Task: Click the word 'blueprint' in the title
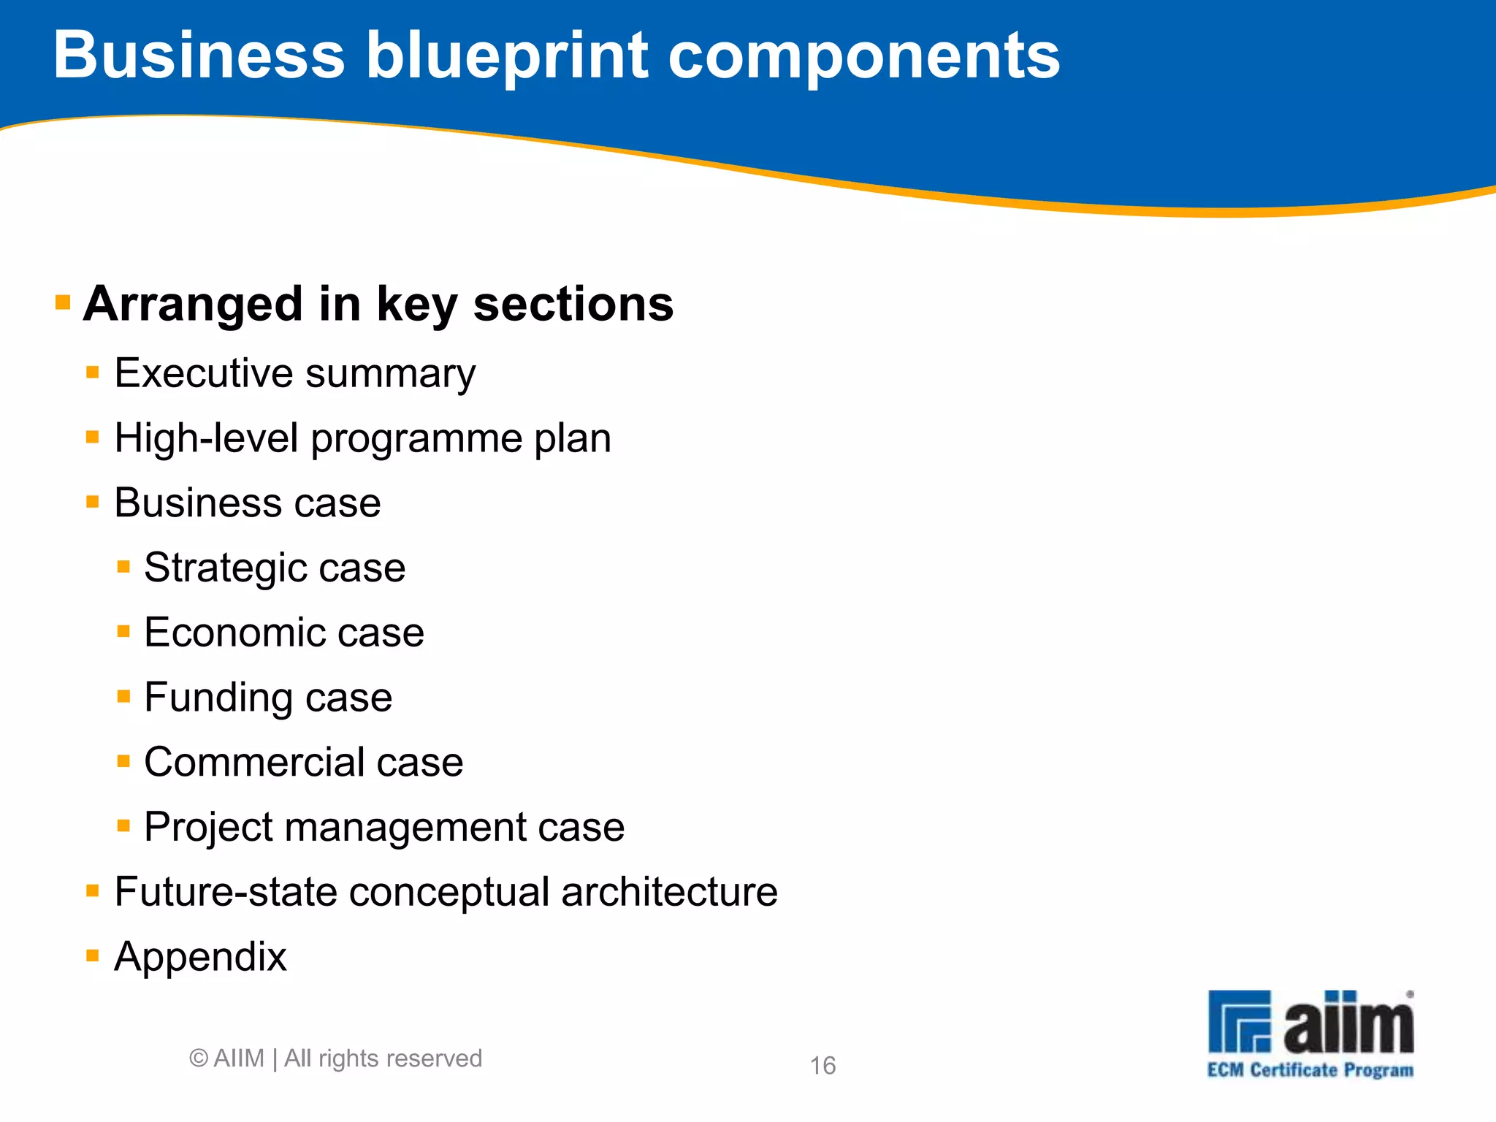click(x=506, y=57)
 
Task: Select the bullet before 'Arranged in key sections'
click(x=63, y=302)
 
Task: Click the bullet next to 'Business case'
click(x=93, y=502)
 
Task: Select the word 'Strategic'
click(x=223, y=568)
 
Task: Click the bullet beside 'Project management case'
click(x=123, y=826)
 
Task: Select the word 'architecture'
click(x=669, y=892)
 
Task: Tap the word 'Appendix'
click(x=201, y=958)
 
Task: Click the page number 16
click(x=823, y=1066)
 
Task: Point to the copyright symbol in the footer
click(x=199, y=1058)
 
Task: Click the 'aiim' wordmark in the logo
click(x=1348, y=1023)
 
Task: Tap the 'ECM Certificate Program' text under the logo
click(x=1310, y=1070)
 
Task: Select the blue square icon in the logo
click(x=1239, y=1021)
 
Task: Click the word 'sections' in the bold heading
click(x=573, y=304)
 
